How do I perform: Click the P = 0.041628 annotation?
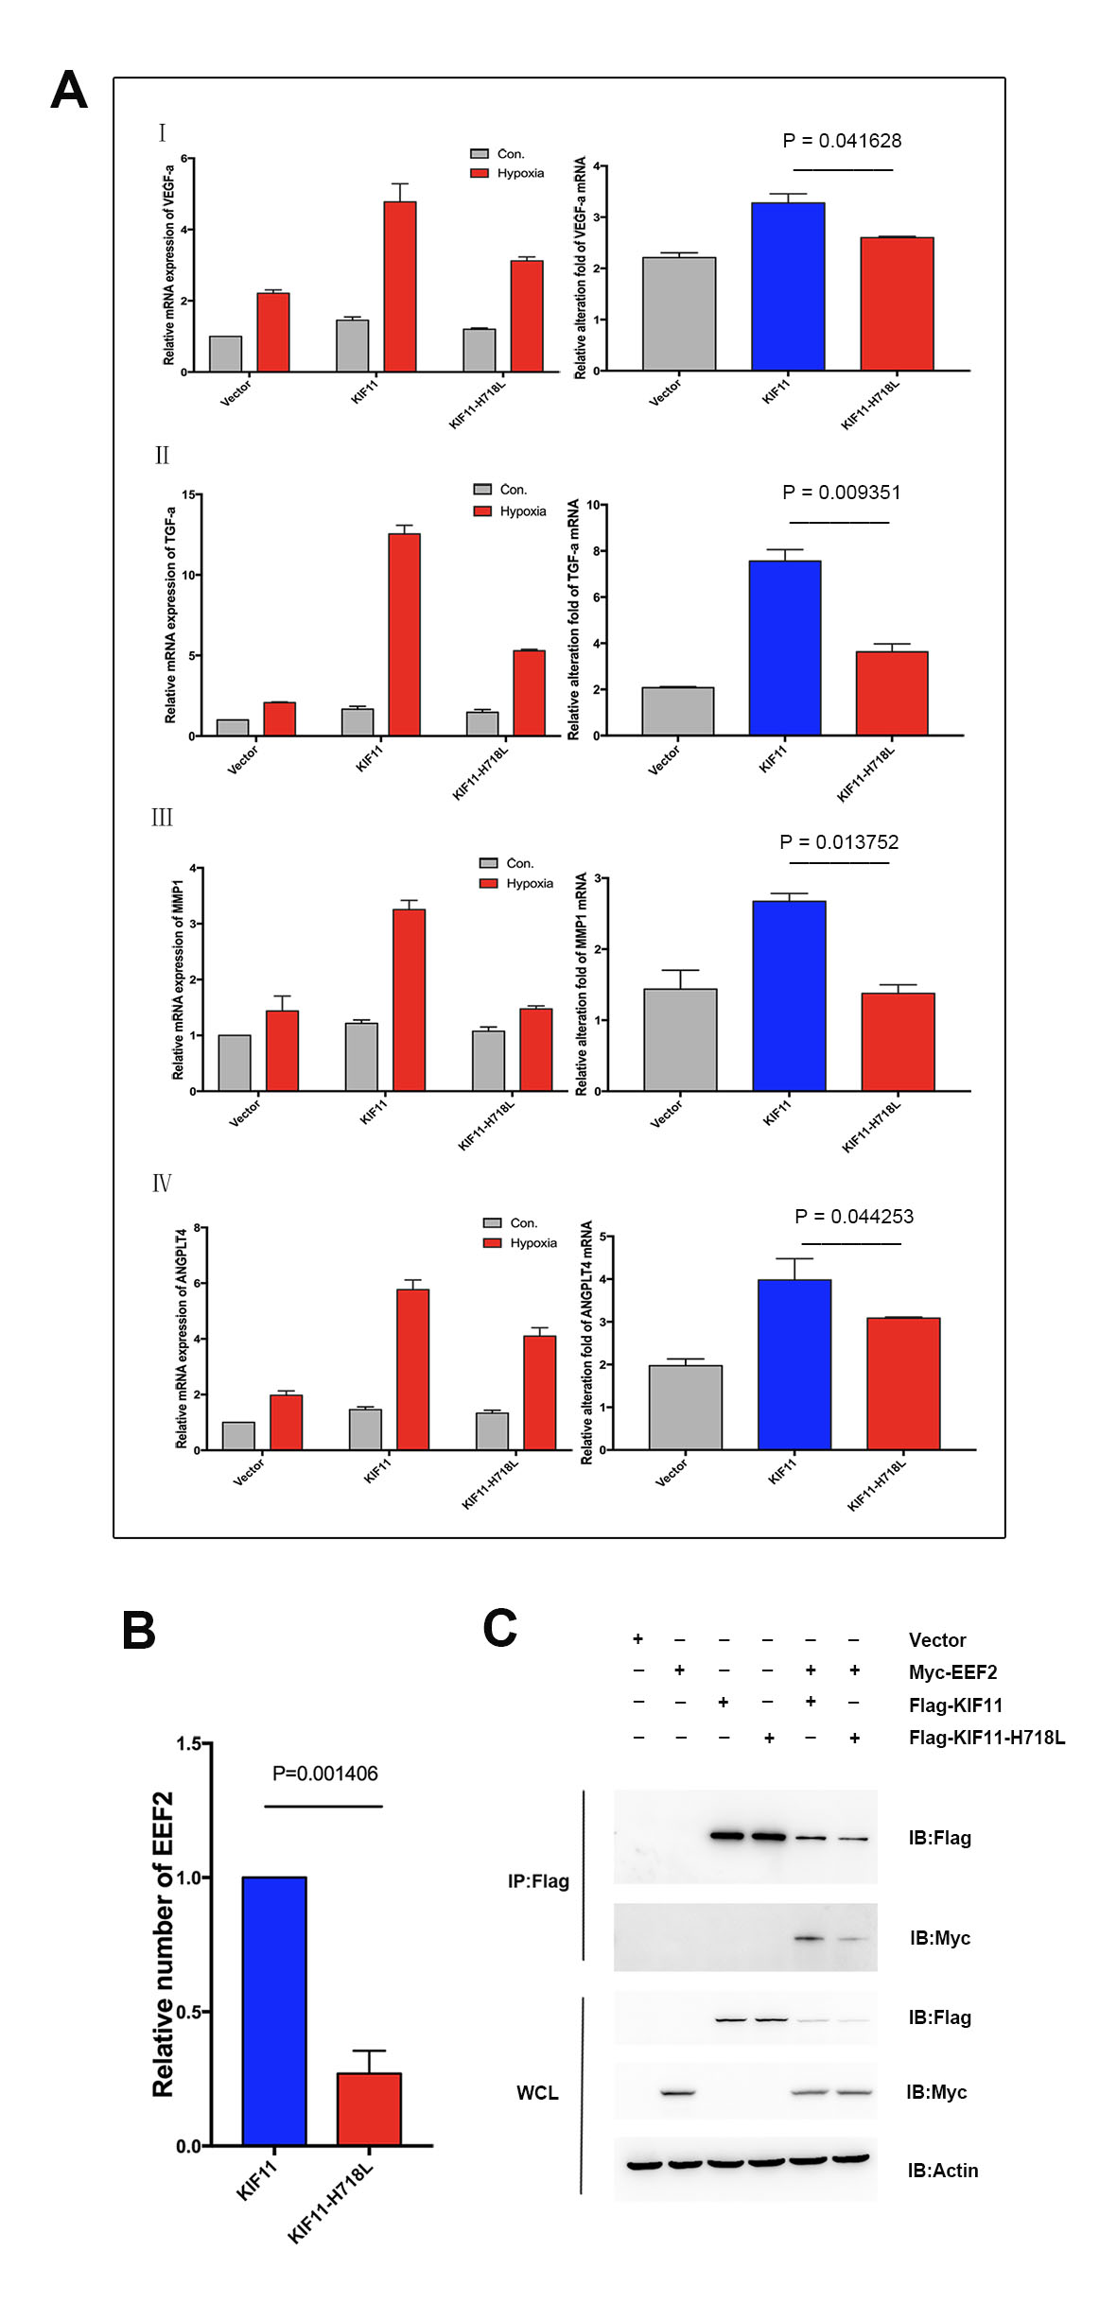point(842,141)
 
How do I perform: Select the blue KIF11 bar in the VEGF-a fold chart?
point(788,286)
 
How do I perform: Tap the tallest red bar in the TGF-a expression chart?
point(404,634)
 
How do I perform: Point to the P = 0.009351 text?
point(842,493)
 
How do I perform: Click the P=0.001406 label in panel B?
point(324,1774)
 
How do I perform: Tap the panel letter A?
point(69,91)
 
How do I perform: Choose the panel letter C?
point(500,1629)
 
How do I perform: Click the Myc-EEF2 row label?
point(952,1672)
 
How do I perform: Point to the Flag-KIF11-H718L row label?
point(986,1738)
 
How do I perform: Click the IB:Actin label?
point(942,2171)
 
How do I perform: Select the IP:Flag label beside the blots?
point(538,1881)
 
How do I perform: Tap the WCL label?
point(537,2093)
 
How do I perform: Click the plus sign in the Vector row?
point(638,1638)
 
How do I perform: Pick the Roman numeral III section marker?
point(162,818)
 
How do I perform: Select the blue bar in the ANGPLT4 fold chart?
point(794,1364)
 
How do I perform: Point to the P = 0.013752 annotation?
point(839,842)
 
